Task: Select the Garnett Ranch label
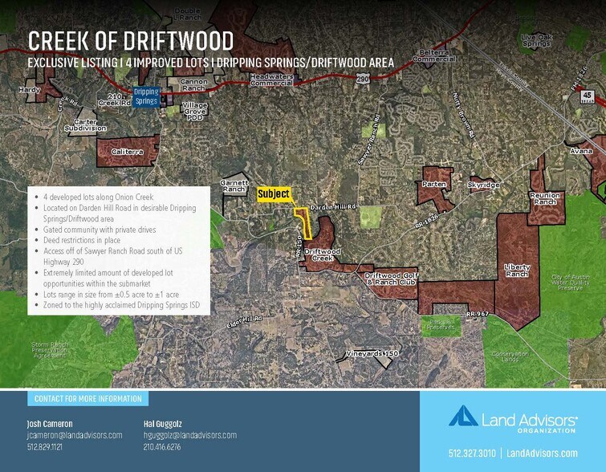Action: pos(235,185)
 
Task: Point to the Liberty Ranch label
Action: pos(517,271)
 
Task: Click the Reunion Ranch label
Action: pos(543,198)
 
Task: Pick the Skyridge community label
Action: pos(483,185)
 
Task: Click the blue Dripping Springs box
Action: pos(146,97)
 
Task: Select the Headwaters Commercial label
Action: pos(270,79)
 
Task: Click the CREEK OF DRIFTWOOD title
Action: pos(131,40)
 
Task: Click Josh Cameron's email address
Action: pos(75,435)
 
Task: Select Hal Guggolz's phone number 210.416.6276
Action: pos(161,446)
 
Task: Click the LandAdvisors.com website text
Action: pos(539,453)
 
